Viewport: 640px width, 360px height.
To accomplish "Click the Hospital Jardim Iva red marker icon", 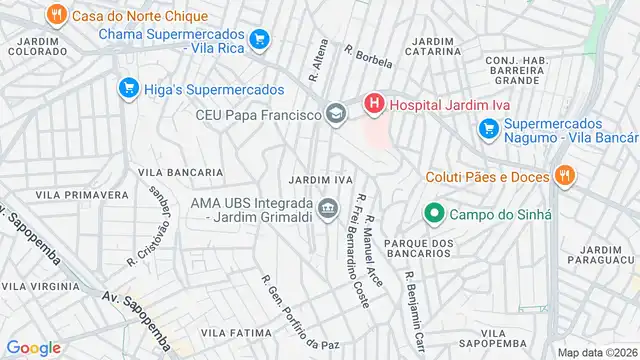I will tap(373, 102).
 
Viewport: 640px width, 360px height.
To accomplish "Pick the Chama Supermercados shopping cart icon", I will tap(260, 39).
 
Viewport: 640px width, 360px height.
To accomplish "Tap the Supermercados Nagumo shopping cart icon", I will tap(488, 128).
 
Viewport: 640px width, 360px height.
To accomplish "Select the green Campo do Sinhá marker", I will tap(434, 213).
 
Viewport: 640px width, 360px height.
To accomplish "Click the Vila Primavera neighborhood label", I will tap(82, 194).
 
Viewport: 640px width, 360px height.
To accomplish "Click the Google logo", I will tap(34, 347).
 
